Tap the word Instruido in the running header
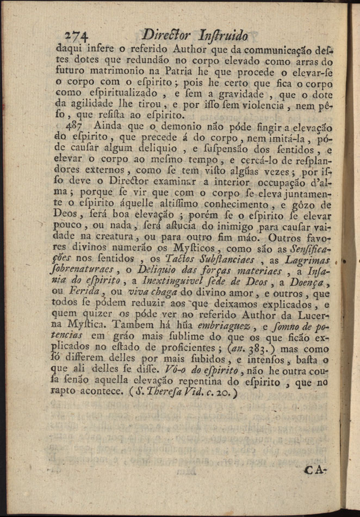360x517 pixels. (224, 36)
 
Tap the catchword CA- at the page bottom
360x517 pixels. (315, 470)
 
